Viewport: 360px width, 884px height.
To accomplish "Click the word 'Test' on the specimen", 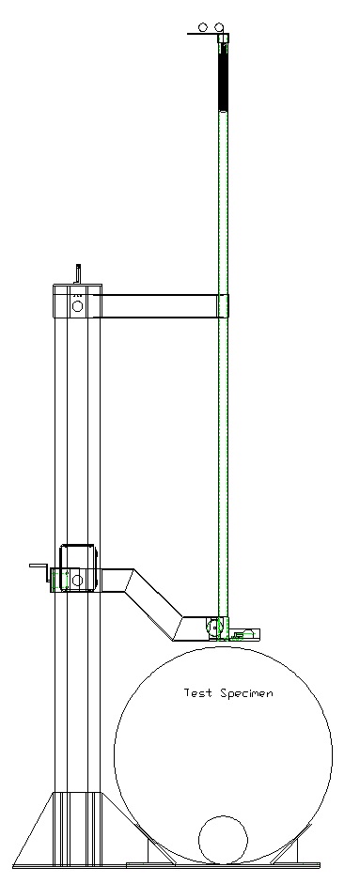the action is pyautogui.click(x=198, y=692).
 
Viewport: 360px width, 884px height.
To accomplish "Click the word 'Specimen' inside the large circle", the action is pyautogui.click(x=246, y=693).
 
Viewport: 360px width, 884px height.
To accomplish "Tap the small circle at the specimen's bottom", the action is pyautogui.click(x=224, y=840).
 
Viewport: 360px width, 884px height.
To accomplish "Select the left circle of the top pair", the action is pyautogui.click(x=204, y=27).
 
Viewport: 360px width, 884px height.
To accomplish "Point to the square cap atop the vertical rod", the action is pyautogui.click(x=224, y=39).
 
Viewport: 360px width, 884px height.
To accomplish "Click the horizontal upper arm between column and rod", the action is pyautogui.click(x=155, y=305).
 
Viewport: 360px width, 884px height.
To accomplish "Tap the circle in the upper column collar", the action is pyautogui.click(x=77, y=306).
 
